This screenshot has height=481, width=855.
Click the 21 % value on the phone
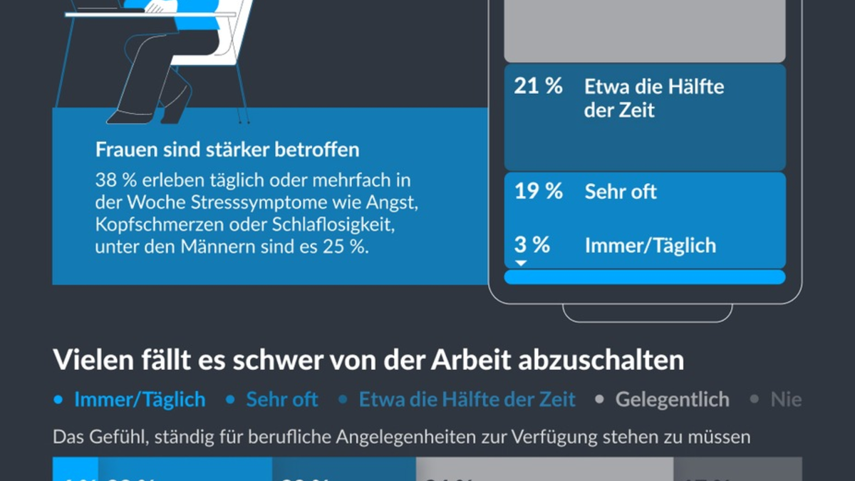[x=538, y=87]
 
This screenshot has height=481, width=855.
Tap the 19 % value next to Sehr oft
[x=538, y=191]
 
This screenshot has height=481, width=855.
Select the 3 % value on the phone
[x=532, y=245]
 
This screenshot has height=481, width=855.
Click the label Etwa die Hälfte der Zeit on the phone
[x=653, y=98]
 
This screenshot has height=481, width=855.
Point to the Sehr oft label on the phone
[x=621, y=191]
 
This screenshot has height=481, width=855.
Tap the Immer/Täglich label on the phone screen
[x=650, y=245]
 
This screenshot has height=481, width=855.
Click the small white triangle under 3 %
[x=521, y=263]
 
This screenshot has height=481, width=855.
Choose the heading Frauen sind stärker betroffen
[x=227, y=150]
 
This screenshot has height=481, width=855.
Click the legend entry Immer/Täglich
[x=140, y=399]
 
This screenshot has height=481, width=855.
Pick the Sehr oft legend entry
[x=282, y=399]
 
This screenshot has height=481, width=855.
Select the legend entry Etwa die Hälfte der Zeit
[x=467, y=399]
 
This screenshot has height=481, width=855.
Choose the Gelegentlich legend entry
[x=672, y=399]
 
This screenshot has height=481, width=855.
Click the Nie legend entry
[x=785, y=399]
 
